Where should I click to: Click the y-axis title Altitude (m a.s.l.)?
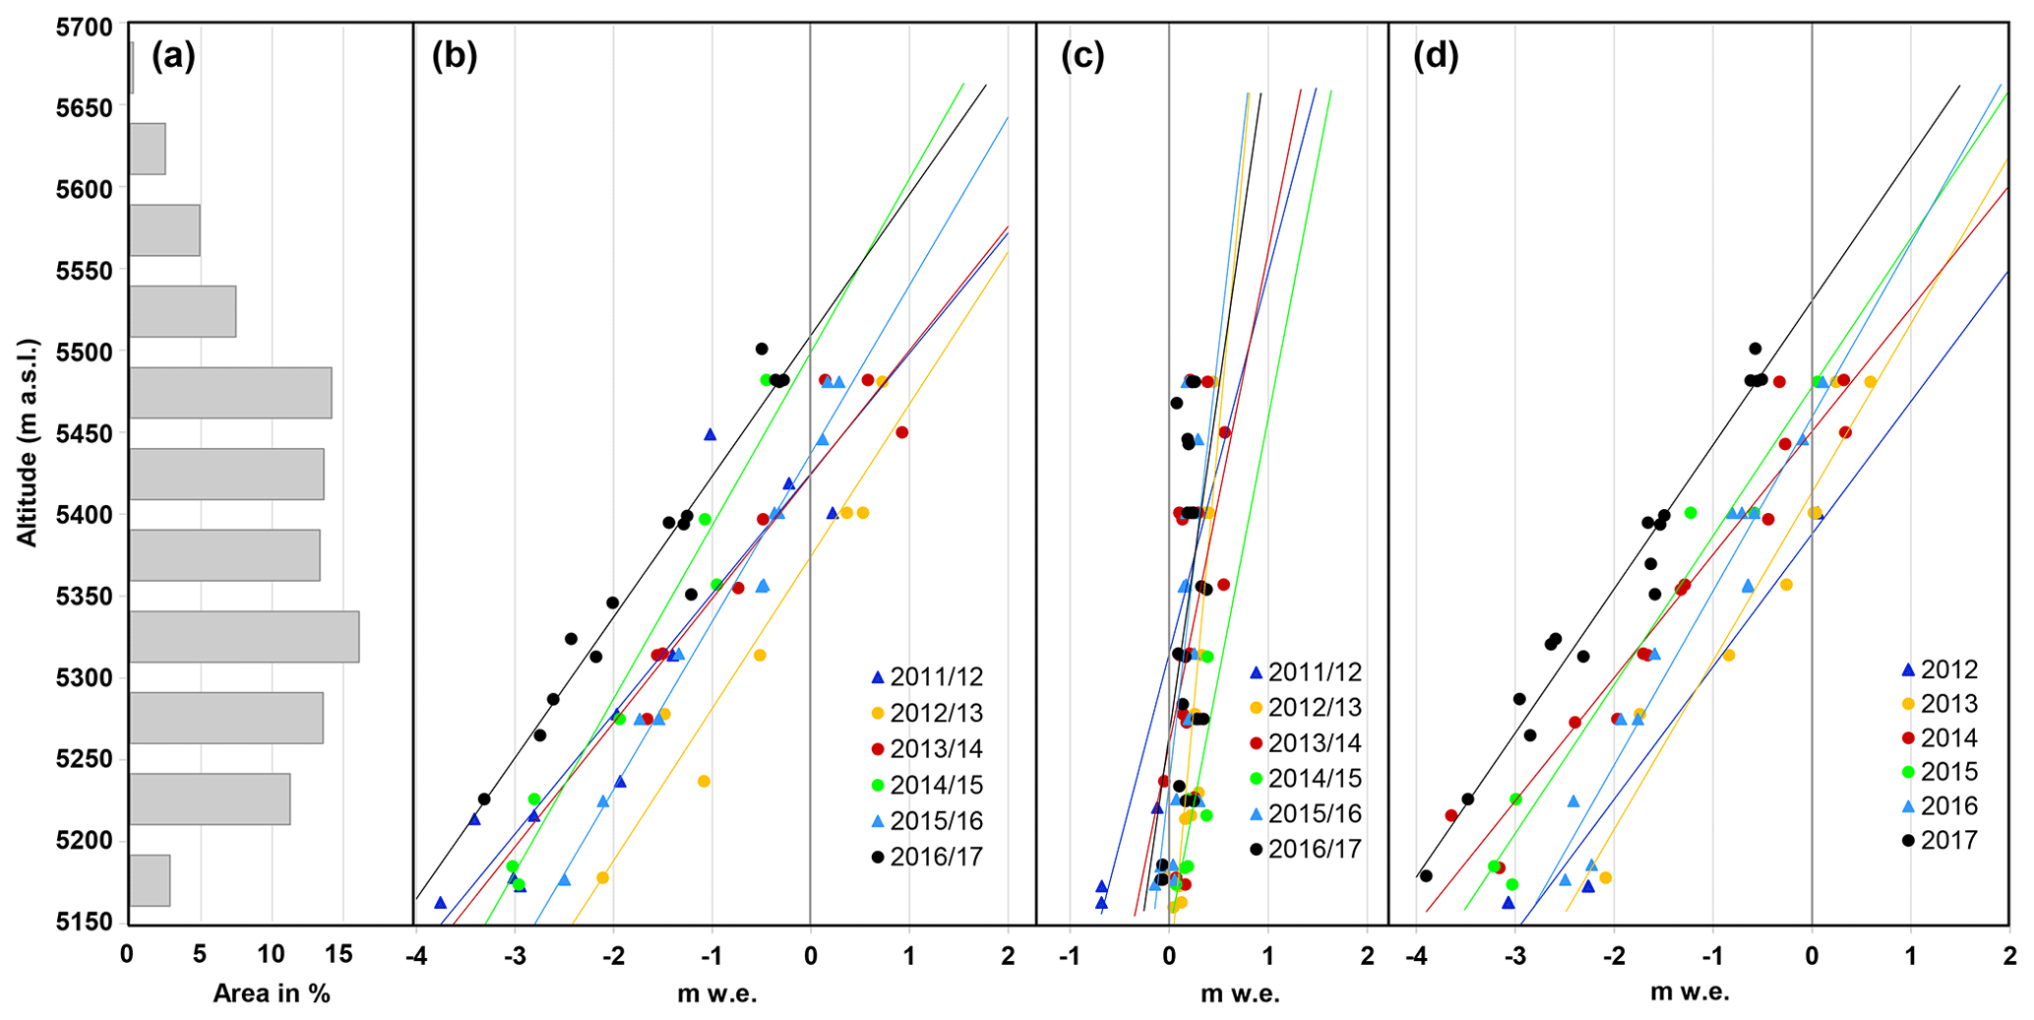[x=29, y=442]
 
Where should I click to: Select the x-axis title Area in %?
[x=272, y=993]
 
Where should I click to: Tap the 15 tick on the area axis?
[x=340, y=954]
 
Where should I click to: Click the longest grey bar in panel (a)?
[x=244, y=636]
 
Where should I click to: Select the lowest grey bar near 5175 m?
[x=150, y=880]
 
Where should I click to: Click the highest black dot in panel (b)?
[x=762, y=349]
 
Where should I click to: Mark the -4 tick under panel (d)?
[x=1417, y=956]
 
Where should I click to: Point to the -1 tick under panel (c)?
[x=1070, y=956]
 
